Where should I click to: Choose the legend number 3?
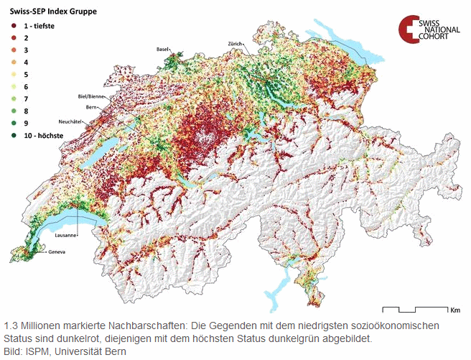(x=25, y=50)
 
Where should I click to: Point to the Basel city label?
(x=162, y=49)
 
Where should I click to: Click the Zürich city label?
(x=235, y=44)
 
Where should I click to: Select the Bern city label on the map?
(x=91, y=107)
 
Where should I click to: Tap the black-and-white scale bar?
(x=414, y=309)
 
